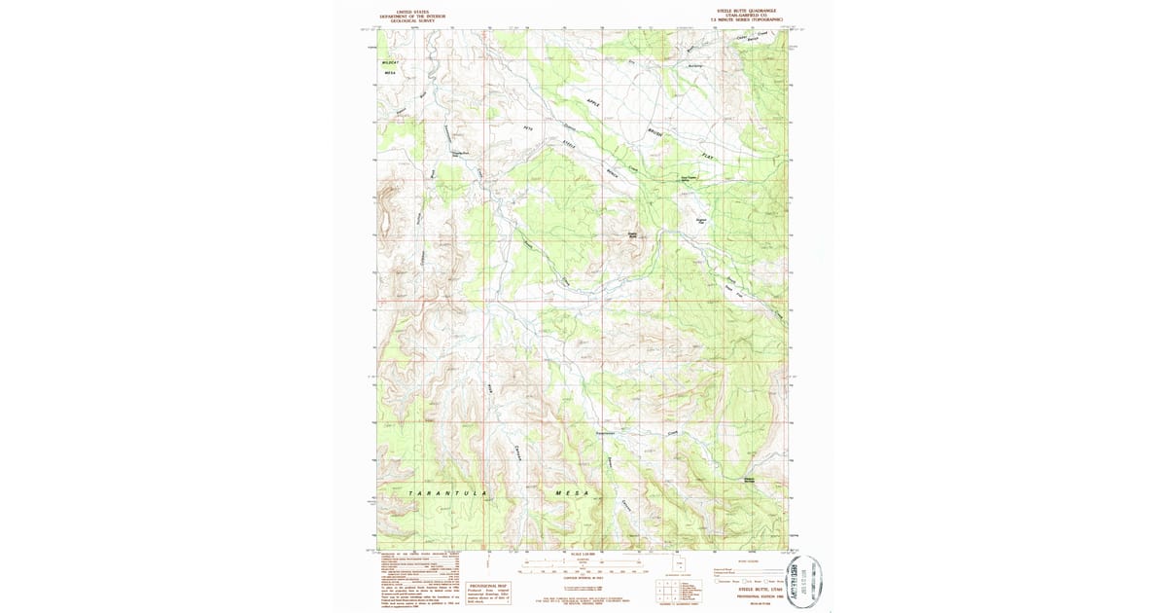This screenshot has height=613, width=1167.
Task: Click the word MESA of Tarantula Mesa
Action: (573, 494)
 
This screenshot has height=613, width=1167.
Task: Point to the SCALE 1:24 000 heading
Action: (583, 554)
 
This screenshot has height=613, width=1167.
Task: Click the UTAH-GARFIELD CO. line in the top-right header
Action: (750, 15)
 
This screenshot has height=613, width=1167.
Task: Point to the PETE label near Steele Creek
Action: (530, 127)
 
